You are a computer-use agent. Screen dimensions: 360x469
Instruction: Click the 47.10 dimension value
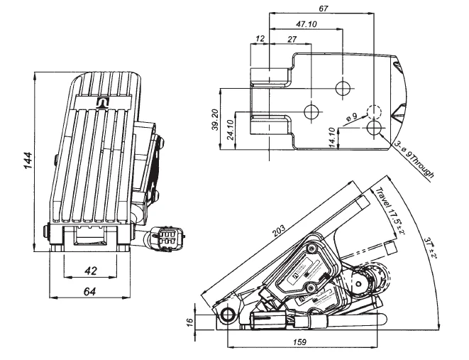(306, 24)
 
